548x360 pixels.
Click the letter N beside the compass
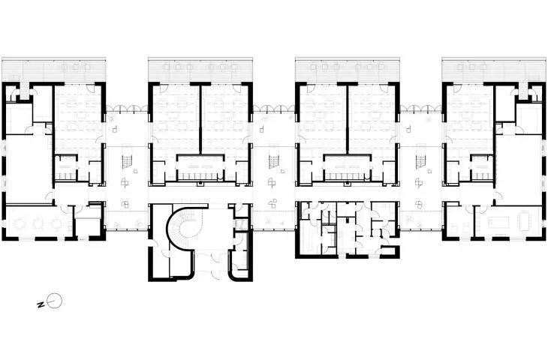click(x=41, y=305)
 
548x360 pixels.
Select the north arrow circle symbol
click(x=55, y=300)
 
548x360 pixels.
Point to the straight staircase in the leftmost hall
click(x=126, y=162)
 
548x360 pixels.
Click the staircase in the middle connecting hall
click(x=273, y=162)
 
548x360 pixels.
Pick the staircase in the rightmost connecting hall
click(x=420, y=162)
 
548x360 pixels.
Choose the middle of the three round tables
click(x=38, y=223)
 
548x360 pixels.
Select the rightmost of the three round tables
click(x=56, y=223)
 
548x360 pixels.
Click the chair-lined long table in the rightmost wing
click(x=523, y=222)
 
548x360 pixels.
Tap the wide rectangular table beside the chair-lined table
click(x=496, y=221)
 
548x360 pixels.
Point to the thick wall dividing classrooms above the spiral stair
click(x=201, y=118)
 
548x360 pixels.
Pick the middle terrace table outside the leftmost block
click(x=75, y=67)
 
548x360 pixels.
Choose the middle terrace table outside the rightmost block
click(x=472, y=67)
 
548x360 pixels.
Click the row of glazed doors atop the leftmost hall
click(x=127, y=109)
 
